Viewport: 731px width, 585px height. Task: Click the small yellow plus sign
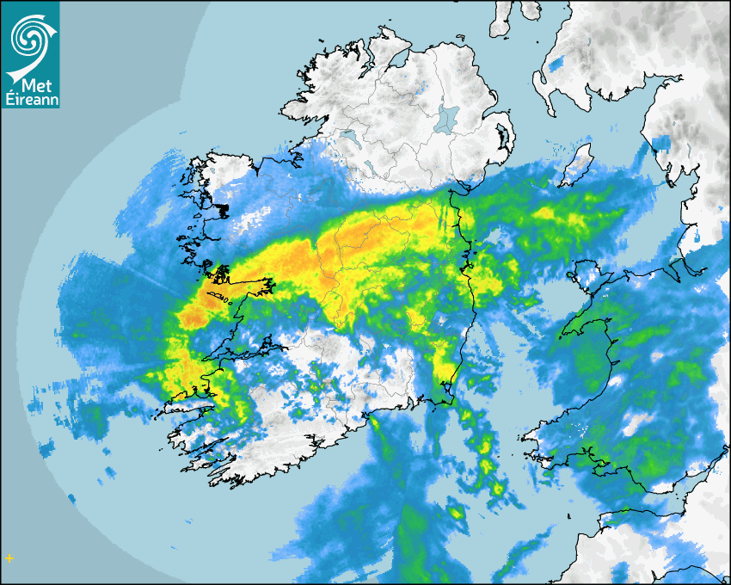tap(9, 557)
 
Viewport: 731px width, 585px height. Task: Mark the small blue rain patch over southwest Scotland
tap(557, 64)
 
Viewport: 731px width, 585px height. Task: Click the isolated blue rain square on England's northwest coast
tap(661, 143)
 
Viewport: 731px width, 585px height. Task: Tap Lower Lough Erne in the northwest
tap(347, 138)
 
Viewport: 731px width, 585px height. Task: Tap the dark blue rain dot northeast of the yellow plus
tap(110, 471)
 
